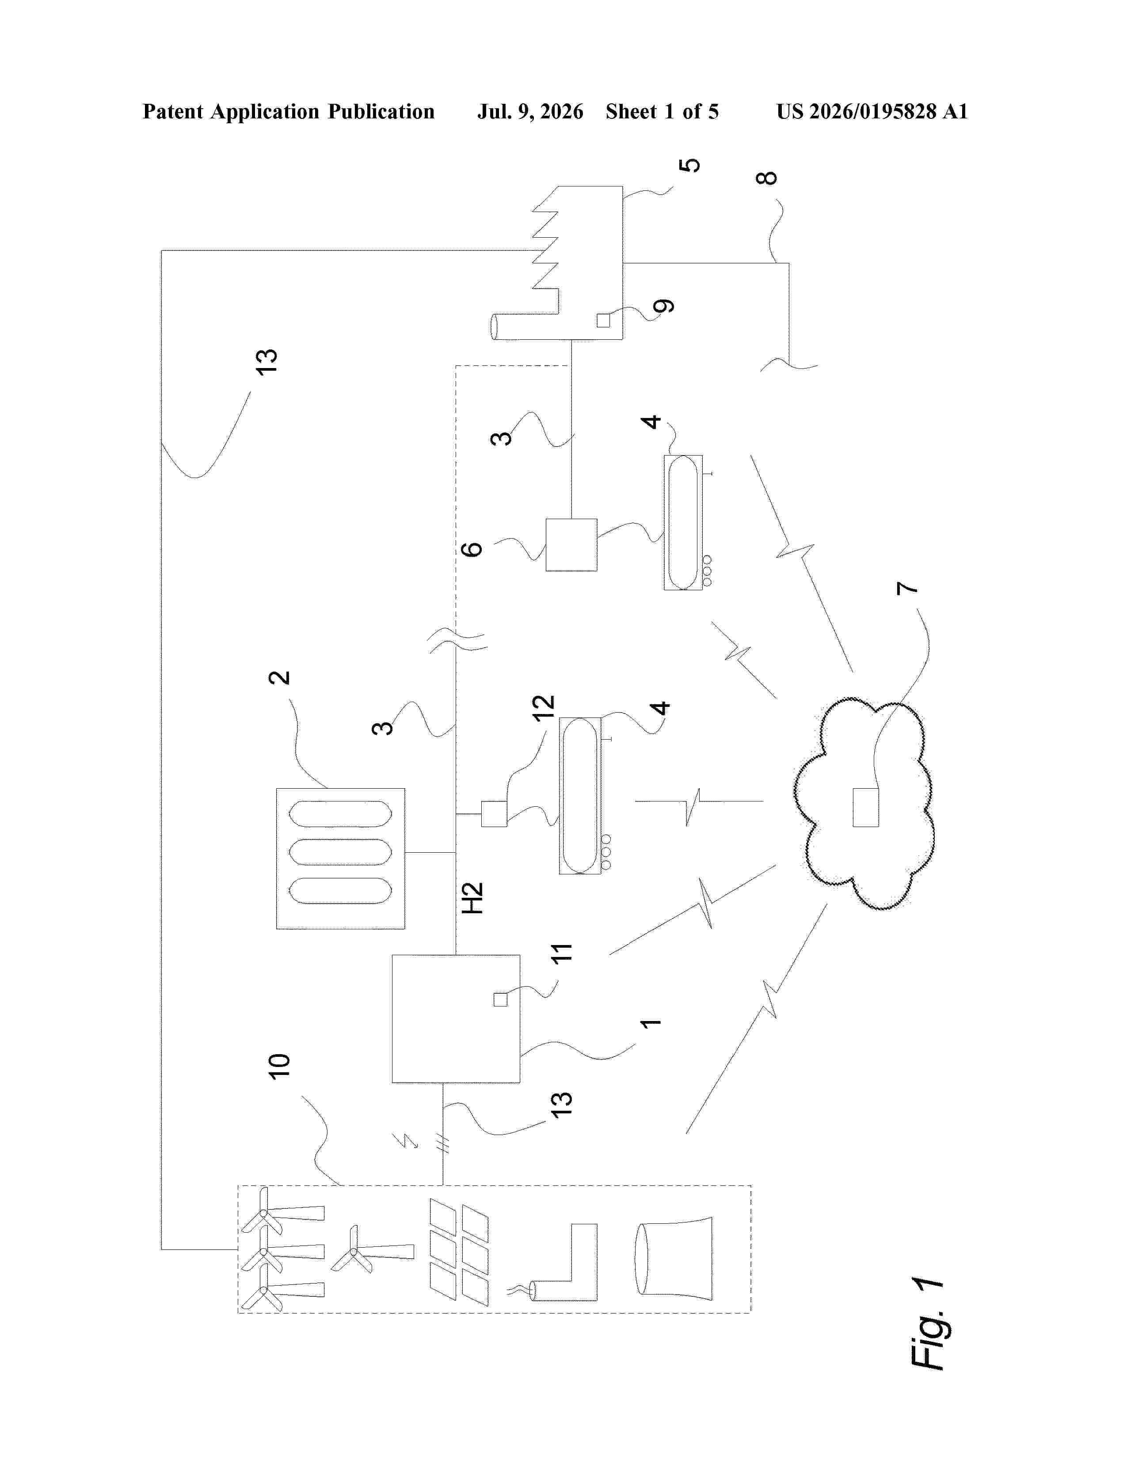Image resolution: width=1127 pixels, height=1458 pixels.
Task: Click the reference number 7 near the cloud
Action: pyautogui.click(x=908, y=588)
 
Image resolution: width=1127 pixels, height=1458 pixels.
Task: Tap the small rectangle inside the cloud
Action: pyautogui.click(x=865, y=807)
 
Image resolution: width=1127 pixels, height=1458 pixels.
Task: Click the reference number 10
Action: pyautogui.click(x=279, y=1066)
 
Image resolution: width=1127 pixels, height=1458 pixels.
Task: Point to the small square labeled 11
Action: pyautogui.click(x=500, y=999)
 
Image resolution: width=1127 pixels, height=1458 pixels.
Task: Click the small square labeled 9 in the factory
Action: pyautogui.click(x=603, y=320)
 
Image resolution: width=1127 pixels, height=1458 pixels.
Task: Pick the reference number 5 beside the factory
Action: pyautogui.click(x=690, y=165)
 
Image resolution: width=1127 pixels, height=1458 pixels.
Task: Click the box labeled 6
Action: pyautogui.click(x=571, y=545)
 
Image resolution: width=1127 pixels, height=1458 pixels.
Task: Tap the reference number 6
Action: pyautogui.click(x=472, y=549)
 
